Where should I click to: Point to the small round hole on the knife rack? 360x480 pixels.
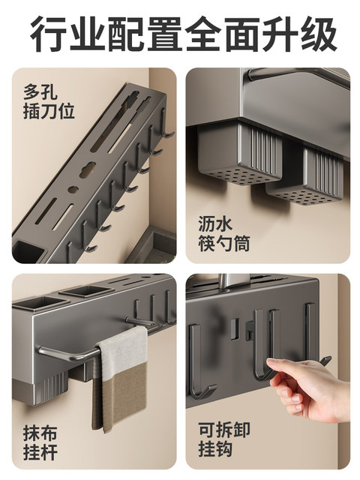click(x=73, y=189)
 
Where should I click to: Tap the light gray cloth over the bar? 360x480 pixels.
click(x=124, y=352)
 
